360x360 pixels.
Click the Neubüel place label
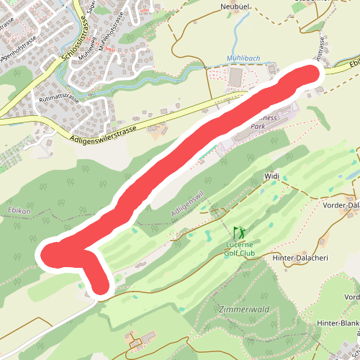pyautogui.click(x=235, y=6)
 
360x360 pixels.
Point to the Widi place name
pyautogui.click(x=271, y=175)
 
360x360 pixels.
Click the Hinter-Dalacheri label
pyautogui.click(x=300, y=257)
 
